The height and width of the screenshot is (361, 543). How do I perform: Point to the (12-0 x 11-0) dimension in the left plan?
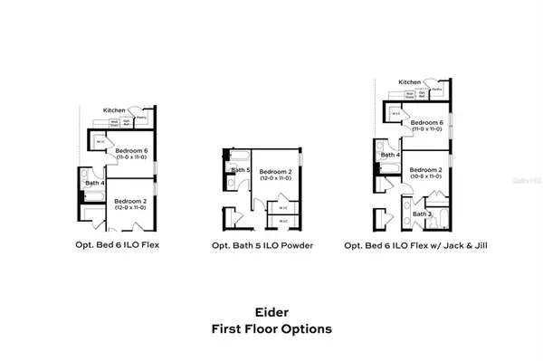[130, 208]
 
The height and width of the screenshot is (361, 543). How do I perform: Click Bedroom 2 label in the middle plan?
[274, 171]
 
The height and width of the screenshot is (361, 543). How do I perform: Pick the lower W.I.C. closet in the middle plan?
[283, 220]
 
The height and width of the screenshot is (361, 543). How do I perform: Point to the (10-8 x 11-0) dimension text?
[424, 176]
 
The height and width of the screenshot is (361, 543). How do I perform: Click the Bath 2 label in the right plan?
[422, 214]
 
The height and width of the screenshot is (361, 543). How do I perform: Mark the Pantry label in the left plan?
[141, 117]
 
